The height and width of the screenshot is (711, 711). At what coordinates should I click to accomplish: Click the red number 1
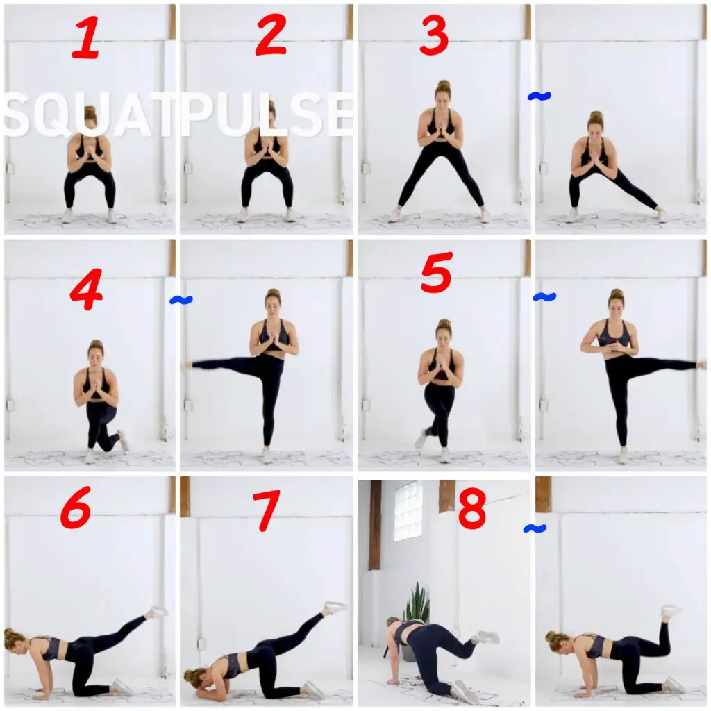[86, 37]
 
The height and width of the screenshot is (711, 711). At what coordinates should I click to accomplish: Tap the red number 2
[271, 35]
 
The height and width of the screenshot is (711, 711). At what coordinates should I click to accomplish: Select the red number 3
[434, 35]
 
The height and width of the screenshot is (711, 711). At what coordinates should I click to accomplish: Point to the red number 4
[86, 289]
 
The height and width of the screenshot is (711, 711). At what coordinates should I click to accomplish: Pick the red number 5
[436, 272]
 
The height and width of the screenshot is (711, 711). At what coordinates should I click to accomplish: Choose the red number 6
[76, 507]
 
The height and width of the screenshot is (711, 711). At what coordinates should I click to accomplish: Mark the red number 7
[266, 510]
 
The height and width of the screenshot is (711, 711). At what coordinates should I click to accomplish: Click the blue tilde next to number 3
[539, 96]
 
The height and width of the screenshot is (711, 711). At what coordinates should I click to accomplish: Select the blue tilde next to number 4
[181, 300]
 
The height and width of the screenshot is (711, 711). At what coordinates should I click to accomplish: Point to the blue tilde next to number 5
[544, 297]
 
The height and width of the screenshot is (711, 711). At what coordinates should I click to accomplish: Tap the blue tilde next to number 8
[535, 528]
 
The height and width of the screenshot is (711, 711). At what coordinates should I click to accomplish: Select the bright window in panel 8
[408, 510]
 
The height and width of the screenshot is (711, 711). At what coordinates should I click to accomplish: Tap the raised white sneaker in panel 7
[335, 607]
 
